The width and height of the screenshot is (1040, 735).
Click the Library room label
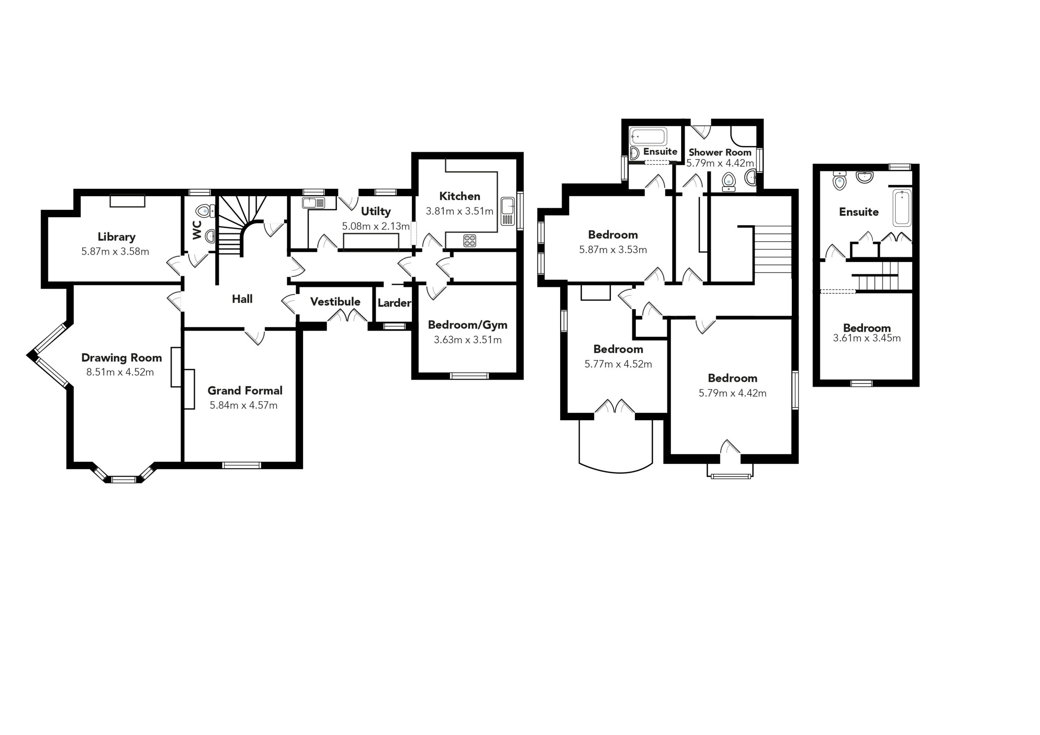click(117, 237)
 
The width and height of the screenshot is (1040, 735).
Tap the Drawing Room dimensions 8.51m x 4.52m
click(120, 372)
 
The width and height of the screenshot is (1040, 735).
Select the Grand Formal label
click(245, 390)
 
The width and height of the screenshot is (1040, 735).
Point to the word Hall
click(243, 299)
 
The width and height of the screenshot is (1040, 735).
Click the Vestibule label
click(335, 302)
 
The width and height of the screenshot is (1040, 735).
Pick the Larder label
click(394, 303)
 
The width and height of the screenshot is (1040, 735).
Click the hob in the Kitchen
click(470, 240)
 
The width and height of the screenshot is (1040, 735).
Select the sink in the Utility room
click(314, 203)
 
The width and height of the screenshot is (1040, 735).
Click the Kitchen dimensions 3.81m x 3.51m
click(459, 211)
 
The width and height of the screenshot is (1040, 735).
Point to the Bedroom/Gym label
click(468, 325)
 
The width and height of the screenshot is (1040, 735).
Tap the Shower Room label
click(720, 152)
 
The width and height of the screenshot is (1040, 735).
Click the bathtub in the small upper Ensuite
click(649, 136)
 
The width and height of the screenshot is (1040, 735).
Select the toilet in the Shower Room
click(729, 181)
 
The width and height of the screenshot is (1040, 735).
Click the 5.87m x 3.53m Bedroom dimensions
click(613, 249)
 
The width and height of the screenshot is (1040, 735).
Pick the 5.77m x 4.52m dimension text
click(618, 364)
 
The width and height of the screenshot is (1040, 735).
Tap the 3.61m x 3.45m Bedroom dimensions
click(867, 338)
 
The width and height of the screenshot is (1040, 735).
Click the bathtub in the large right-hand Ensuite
click(902, 208)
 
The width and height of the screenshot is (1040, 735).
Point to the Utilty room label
click(375, 212)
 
